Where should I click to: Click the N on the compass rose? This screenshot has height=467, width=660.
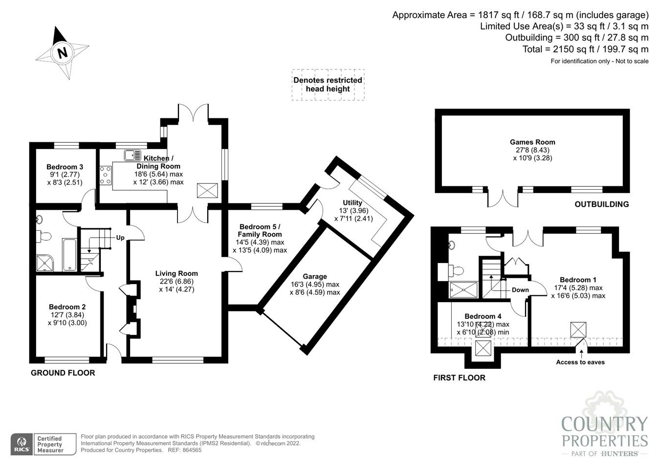63,52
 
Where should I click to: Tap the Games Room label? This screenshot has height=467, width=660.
532,142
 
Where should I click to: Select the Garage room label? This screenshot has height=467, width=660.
314,276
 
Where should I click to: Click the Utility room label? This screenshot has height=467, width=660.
352,202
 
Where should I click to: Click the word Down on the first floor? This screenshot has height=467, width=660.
520,290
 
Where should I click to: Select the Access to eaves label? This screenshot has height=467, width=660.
580,362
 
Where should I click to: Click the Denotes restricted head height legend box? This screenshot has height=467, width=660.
328,85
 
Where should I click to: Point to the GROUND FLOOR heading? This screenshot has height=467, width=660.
63,373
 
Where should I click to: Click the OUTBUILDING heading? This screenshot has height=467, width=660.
601,204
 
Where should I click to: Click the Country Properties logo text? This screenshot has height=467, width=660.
604,431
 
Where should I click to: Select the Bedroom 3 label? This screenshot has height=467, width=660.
65,166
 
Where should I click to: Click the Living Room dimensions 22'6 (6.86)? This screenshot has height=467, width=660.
176,282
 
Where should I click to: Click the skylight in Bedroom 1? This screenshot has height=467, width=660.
578,330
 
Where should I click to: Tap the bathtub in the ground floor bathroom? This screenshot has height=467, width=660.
68,254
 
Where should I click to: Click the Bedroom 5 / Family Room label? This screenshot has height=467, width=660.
261,230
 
